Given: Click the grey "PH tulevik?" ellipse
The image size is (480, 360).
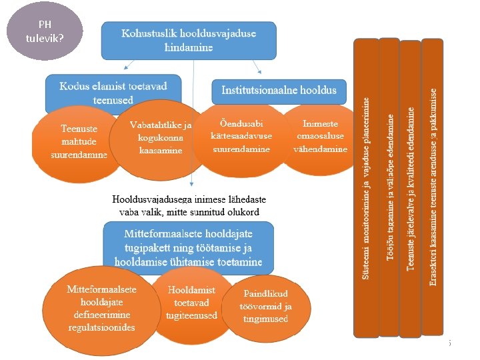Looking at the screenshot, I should tap(45, 31).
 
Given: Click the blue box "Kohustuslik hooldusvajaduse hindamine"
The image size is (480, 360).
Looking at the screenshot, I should tap(189, 40).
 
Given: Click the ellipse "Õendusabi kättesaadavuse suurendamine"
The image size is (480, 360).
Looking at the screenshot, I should tap(241, 136).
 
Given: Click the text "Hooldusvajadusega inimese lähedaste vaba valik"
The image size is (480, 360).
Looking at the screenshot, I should tap(189, 205).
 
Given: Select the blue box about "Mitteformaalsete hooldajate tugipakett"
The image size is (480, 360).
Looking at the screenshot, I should tap(188, 247).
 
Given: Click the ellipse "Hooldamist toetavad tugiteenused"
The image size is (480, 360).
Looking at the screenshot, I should tap(191, 303).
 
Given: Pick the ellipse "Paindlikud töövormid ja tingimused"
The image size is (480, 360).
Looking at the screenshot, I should tap(265, 306).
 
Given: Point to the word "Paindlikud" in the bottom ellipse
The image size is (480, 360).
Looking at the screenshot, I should tap(265, 294).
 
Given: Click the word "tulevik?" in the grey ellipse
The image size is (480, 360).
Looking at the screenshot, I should tap(45, 37).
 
